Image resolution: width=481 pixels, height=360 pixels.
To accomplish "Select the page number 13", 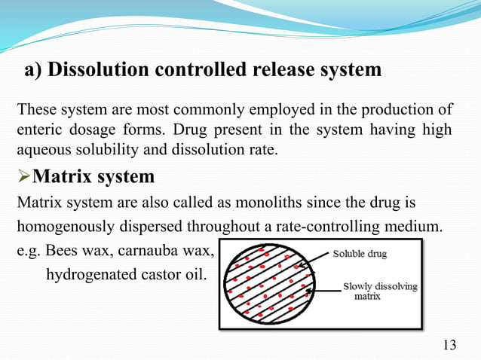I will click(x=449, y=345).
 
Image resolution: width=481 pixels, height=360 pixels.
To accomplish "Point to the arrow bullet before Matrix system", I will click(x=25, y=178).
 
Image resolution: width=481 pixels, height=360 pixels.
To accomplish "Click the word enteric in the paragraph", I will click(x=37, y=131).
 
